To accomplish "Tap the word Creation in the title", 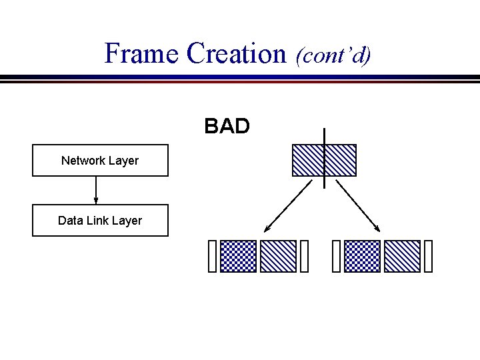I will pyautogui.click(x=236, y=53).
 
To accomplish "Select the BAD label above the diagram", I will pyautogui.click(x=227, y=126).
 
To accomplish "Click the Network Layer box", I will pyautogui.click(x=100, y=161).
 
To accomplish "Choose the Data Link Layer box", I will pyautogui.click(x=100, y=221).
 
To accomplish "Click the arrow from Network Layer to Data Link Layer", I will pyautogui.click(x=96, y=190).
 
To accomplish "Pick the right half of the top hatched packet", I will pyautogui.click(x=341, y=161).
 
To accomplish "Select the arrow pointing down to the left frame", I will pyautogui.click(x=288, y=205).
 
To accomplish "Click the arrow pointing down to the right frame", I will pyautogui.click(x=357, y=205).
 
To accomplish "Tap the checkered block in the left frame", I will pyautogui.click(x=238, y=257).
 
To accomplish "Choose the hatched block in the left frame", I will pyautogui.click(x=277, y=257).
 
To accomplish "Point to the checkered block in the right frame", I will pyautogui.click(x=363, y=257).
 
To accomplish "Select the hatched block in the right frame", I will pyautogui.click(x=402, y=257).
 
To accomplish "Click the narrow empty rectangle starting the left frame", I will pyautogui.click(x=213, y=257).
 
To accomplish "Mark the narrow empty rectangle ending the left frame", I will pyautogui.click(x=304, y=257).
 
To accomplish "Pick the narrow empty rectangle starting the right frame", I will pyautogui.click(x=336, y=257).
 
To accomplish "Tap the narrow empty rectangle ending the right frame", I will pyautogui.click(x=428, y=257).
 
